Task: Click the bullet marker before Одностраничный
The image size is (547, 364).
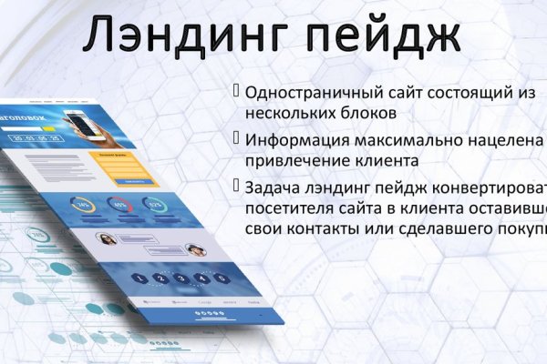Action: coord(237,92)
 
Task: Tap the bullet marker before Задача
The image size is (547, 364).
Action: coord(237,187)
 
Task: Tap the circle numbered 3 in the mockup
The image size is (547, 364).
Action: coord(181,278)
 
